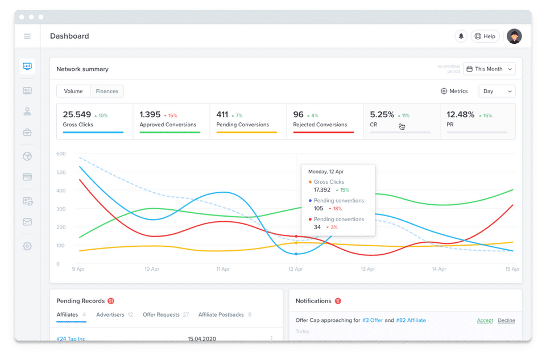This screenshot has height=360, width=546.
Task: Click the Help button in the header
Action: click(485, 36)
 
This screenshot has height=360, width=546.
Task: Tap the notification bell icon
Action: click(461, 36)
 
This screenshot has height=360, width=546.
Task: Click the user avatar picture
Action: click(514, 36)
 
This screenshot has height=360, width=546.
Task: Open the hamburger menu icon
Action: click(27, 36)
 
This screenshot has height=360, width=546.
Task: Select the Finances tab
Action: click(107, 91)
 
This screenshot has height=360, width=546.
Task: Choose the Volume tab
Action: click(73, 91)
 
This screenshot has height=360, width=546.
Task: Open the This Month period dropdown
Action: click(489, 69)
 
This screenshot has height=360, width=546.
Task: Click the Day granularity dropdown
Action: click(497, 91)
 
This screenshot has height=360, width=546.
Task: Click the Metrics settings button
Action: click(454, 91)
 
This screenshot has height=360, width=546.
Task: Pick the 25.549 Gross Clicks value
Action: click(77, 115)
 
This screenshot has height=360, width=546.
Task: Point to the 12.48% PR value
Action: click(460, 115)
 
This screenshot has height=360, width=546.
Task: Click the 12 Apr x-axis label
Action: click(295, 269)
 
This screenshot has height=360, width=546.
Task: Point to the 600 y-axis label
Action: click(61, 154)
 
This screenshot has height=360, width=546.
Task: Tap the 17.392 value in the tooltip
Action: click(322, 190)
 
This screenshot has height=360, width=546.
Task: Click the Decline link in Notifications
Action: click(506, 320)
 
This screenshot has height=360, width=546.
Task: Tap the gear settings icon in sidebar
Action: click(27, 246)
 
